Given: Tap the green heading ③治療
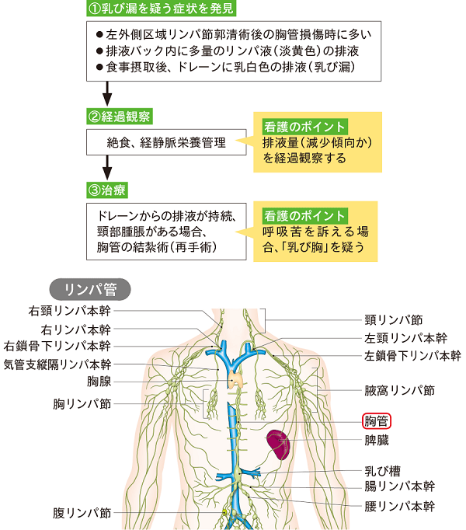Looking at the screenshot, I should [x=109, y=189].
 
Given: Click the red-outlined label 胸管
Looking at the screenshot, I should [x=377, y=422].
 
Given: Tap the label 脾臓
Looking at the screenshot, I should [x=377, y=440].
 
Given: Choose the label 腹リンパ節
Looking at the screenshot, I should [x=82, y=514].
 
